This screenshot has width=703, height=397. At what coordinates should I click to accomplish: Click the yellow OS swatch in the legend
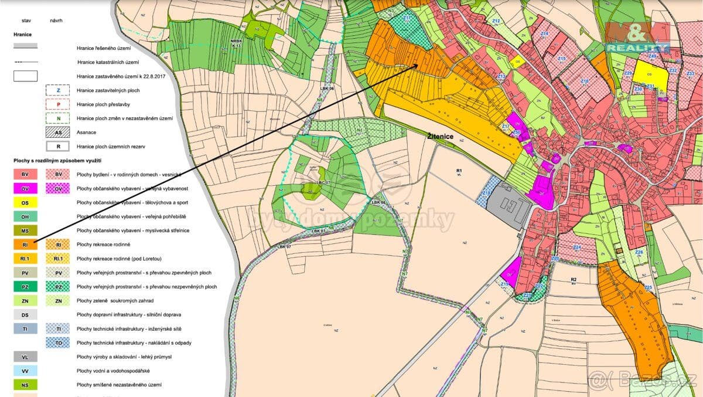25,202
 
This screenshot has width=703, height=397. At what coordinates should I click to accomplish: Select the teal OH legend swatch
25,216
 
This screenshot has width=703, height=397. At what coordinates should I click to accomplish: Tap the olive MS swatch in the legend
25,230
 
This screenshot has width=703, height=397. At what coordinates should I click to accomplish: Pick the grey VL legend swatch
25,357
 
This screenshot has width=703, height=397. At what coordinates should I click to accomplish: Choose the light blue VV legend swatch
25,371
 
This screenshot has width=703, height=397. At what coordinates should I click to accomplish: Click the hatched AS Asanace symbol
58,133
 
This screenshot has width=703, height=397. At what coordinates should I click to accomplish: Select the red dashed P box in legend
58,104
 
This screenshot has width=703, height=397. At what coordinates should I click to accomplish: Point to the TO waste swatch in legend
58,342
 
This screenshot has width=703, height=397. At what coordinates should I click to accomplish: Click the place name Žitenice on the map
441,135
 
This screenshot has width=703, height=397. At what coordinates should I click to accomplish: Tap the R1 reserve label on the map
459,171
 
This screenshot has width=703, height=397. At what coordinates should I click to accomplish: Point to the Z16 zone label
584,81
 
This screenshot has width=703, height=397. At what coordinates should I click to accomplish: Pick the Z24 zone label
577,247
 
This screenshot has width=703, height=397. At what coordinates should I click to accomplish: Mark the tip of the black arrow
418,65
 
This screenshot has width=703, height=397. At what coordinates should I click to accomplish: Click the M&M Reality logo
637,38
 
